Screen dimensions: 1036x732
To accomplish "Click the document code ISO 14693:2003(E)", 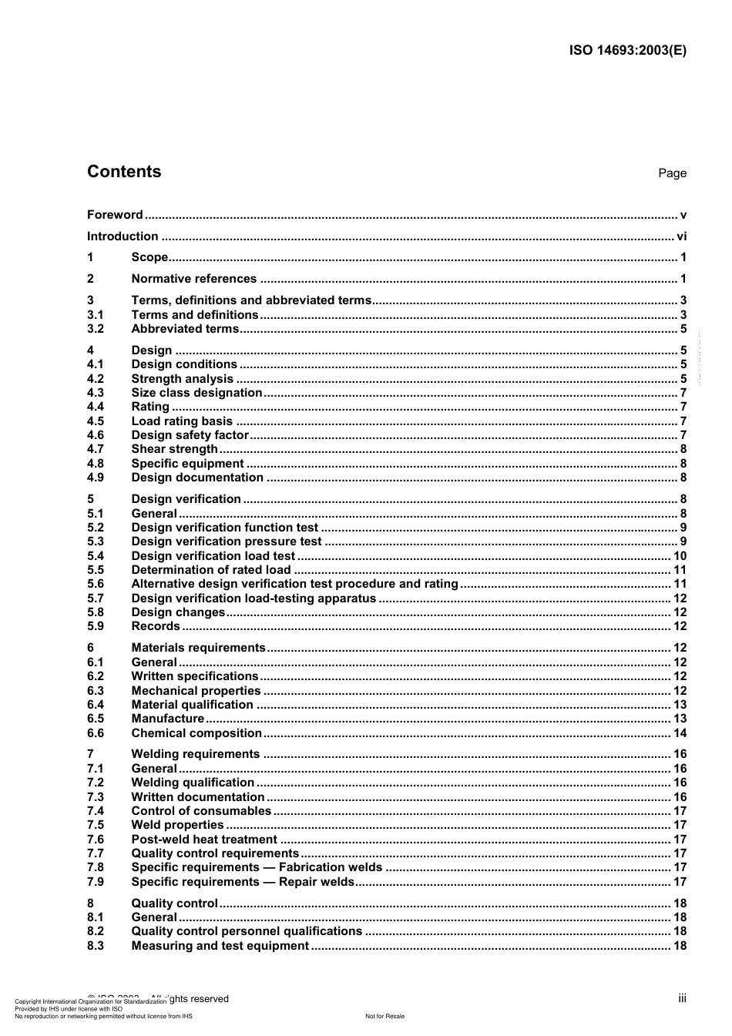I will point(627,51).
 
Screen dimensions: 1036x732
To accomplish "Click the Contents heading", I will point(124,172).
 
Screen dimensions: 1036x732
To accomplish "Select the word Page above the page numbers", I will point(672,173).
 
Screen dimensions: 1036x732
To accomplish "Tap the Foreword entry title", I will point(115,215).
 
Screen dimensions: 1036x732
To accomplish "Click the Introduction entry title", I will point(123,236).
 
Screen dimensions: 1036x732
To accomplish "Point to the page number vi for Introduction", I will point(681,236).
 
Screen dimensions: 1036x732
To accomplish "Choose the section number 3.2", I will point(96,329).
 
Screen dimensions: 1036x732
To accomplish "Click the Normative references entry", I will point(193,279).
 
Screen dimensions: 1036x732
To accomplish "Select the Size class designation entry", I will point(196,393).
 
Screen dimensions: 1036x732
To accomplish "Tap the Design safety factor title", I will point(190,435).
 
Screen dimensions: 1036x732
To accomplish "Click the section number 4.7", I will point(96,449).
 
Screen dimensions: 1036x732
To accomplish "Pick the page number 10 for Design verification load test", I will point(680,556).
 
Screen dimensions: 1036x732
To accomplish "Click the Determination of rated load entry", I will point(211,570).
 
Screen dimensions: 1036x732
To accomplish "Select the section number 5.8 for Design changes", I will point(96,612).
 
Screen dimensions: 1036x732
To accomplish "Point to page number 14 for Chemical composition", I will point(680,733).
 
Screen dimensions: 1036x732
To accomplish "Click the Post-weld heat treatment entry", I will point(204,840).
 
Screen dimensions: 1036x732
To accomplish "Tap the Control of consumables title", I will point(201,811).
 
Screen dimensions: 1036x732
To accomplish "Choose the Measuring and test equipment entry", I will point(220,946).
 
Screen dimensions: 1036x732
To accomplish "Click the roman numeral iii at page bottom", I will point(682,998).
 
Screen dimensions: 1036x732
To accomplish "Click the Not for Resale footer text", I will point(384,1016).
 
